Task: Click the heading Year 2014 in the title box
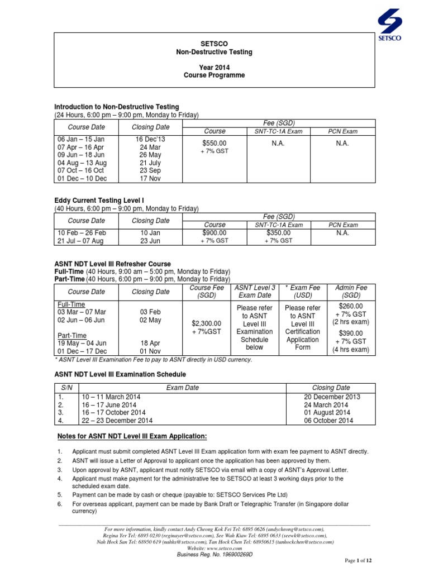(214, 65)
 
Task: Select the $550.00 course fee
(214, 142)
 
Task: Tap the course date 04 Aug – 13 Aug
(82, 163)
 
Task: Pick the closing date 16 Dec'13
(150, 139)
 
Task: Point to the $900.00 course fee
(214, 232)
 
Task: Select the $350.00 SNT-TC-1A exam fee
(279, 232)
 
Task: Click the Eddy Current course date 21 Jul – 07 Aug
(82, 241)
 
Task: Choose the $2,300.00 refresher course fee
(206, 323)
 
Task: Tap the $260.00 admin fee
(351, 306)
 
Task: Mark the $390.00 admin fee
(351, 333)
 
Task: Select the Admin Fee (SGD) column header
(351, 291)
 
